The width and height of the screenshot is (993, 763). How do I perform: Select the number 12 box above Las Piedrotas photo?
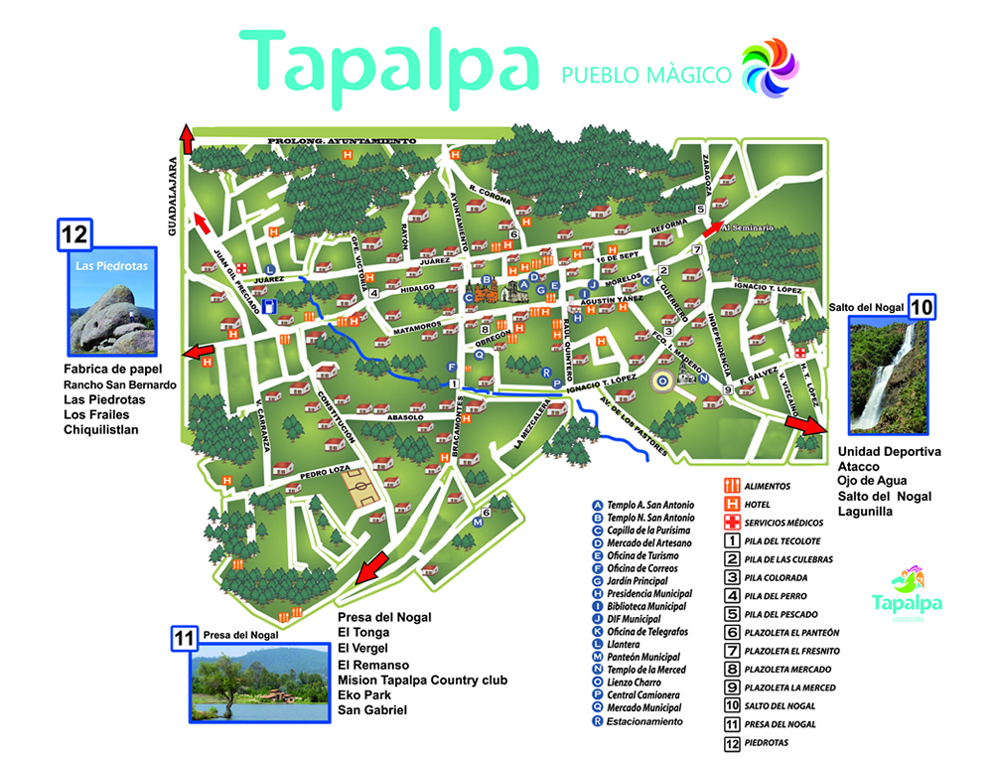[75, 234]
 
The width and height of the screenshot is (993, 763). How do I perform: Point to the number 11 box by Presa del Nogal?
[183, 637]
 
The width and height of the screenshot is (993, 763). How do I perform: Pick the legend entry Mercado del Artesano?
[649, 542]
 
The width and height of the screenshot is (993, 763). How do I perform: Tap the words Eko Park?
[364, 695]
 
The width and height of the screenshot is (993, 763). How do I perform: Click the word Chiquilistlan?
[101, 429]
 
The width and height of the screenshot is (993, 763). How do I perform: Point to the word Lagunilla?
[866, 511]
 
